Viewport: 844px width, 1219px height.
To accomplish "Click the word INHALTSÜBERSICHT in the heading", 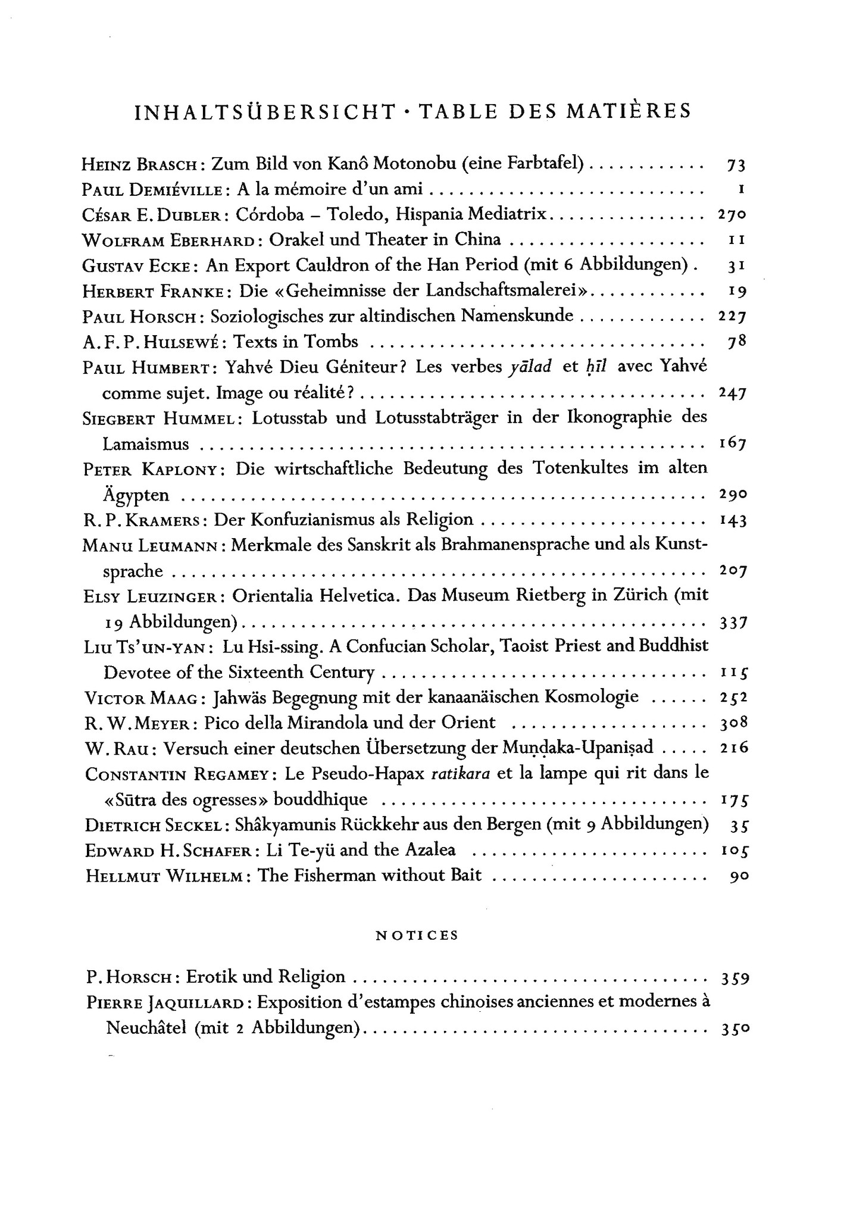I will pyautogui.click(x=265, y=112).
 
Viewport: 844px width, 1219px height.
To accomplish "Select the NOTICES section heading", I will pyautogui.click(x=417, y=934).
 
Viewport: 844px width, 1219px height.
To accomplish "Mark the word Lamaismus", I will pyautogui.click(x=146, y=444).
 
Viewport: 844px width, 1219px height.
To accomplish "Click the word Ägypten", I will pyautogui.click(x=136, y=495).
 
